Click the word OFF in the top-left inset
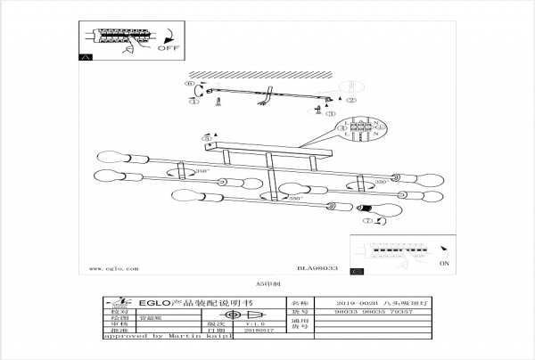[x=169, y=47]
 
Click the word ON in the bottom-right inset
[x=445, y=264]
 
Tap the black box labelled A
[x=86, y=57]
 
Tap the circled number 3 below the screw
[x=330, y=114]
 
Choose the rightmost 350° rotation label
[x=381, y=182]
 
